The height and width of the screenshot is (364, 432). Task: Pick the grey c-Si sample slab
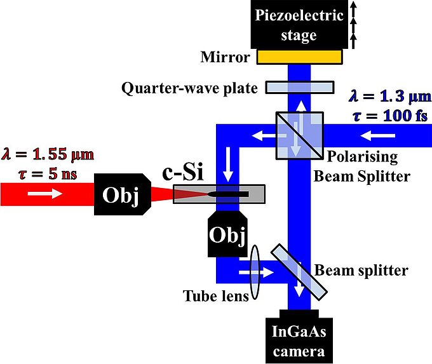tap(226, 194)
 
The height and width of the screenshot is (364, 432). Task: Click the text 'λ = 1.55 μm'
tap(46, 152)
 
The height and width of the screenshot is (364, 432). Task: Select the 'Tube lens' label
tap(215, 296)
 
